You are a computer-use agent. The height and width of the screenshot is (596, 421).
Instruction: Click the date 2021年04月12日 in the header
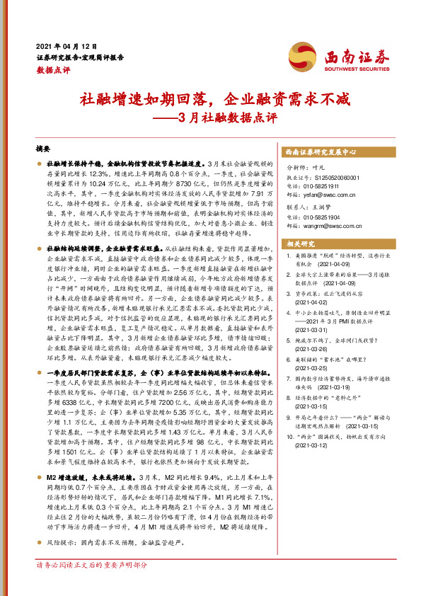(x=65, y=45)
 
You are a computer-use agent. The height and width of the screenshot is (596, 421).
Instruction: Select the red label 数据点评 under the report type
(x=51, y=70)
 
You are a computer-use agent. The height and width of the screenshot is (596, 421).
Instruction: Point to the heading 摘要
(x=43, y=149)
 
